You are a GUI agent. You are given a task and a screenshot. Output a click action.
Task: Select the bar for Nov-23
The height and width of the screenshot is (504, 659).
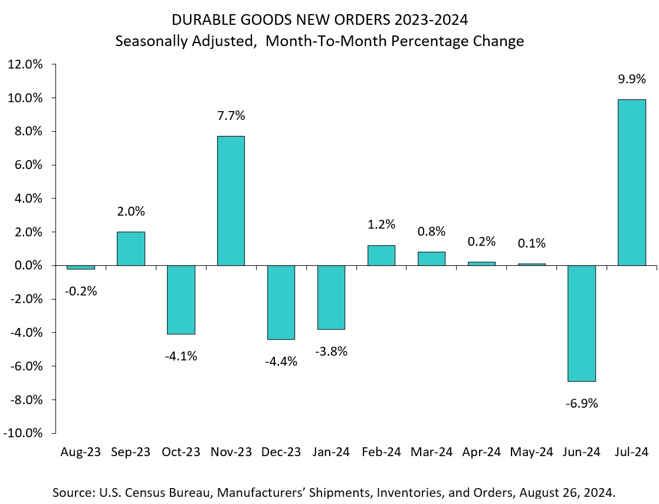pos(231,201)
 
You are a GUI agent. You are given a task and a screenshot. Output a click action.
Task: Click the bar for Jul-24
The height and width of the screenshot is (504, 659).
pos(631,183)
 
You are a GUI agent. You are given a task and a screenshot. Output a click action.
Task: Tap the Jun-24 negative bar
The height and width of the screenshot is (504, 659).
pos(581,323)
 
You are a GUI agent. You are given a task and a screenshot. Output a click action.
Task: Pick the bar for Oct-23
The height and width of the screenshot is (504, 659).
pos(181,300)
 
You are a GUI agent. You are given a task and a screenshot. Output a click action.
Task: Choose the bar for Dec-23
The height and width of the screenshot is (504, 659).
pos(281,302)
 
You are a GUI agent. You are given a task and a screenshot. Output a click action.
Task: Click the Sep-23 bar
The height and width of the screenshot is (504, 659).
pos(130,249)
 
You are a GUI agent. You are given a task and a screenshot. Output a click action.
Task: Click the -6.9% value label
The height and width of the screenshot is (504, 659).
pos(581,404)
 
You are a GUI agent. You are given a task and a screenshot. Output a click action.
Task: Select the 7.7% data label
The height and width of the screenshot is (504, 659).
pos(231,115)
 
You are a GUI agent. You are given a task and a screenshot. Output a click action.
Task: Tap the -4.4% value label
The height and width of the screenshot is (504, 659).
pos(281,361)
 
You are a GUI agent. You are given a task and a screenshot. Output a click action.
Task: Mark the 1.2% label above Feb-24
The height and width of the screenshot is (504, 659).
pos(381,225)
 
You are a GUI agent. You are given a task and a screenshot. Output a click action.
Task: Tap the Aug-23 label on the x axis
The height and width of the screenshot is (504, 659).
pos(80,452)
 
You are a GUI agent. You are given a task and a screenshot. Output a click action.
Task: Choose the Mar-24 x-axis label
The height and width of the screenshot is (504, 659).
pos(431,452)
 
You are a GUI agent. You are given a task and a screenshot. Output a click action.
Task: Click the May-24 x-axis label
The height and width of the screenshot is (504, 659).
pos(532,452)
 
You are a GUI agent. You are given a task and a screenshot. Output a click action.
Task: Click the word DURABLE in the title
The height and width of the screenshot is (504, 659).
pos(205,20)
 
